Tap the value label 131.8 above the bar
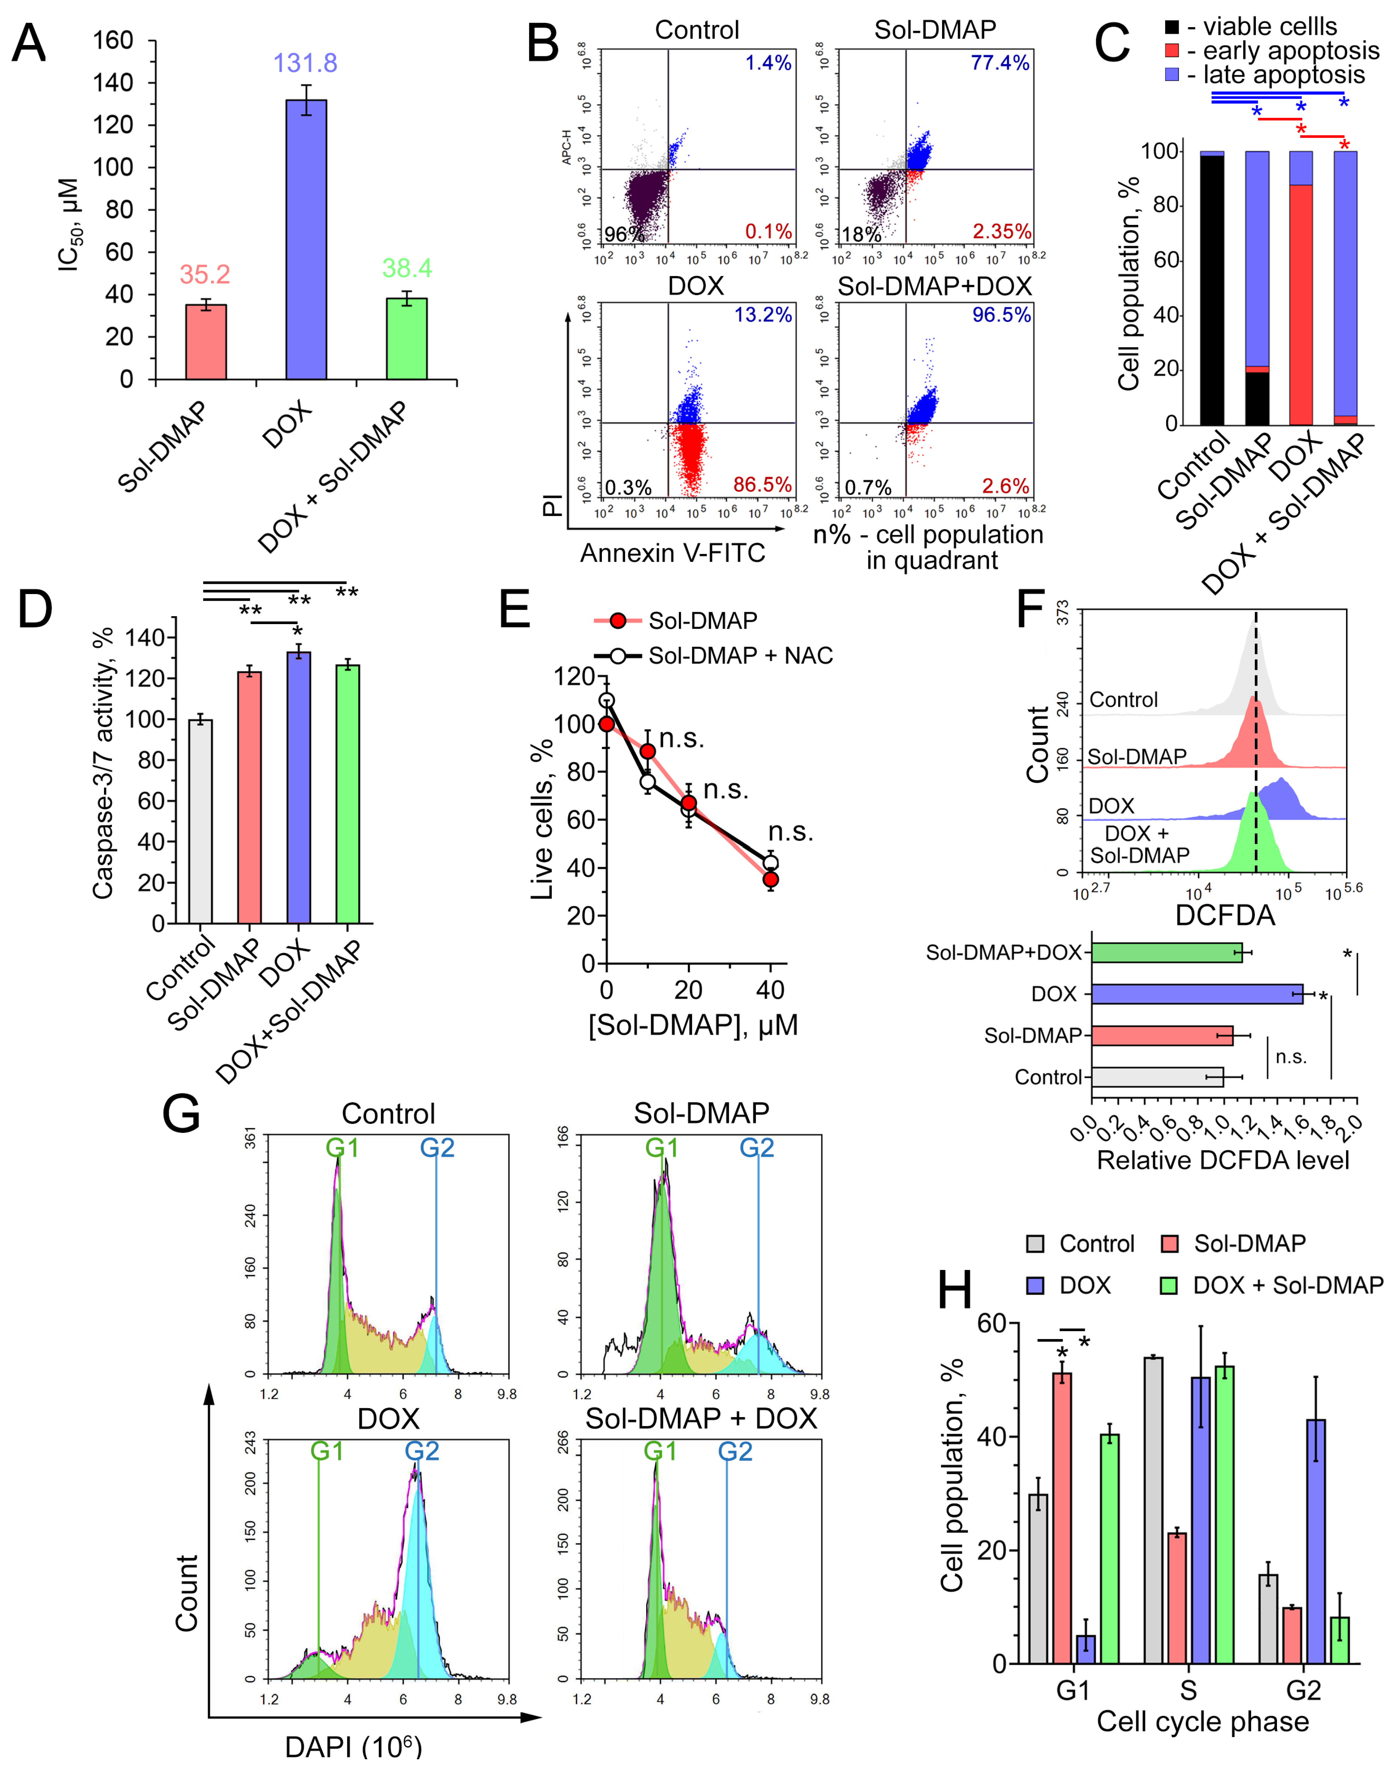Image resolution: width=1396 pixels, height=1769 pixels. [305, 63]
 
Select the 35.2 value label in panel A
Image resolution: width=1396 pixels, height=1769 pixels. [205, 274]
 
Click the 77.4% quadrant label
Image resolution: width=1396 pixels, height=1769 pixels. [1000, 63]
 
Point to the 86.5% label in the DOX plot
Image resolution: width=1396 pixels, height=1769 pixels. [762, 485]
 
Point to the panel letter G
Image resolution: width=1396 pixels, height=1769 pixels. [181, 1113]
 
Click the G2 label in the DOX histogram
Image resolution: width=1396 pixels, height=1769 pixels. [422, 1451]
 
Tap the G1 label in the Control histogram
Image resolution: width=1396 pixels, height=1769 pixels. [342, 1149]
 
